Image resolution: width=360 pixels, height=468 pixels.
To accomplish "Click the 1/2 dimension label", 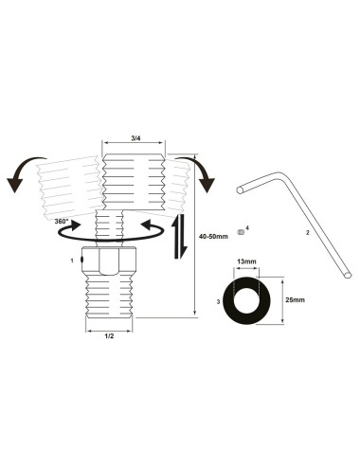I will click(x=110, y=334).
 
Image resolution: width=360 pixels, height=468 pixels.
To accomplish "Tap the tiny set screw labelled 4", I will click(x=242, y=231).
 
